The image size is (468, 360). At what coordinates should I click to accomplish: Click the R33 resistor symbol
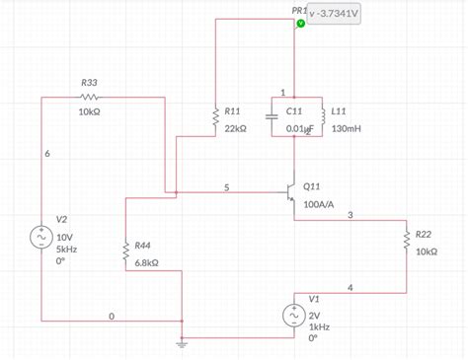[90, 98]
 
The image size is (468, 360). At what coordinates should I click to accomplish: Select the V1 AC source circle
[294, 315]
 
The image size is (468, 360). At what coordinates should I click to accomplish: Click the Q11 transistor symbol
[291, 189]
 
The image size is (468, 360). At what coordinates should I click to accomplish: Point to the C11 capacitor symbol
[273, 115]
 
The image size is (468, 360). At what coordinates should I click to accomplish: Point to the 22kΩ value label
[237, 128]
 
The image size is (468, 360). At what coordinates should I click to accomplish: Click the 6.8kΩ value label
[149, 262]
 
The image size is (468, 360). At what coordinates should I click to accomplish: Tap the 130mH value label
[347, 128]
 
